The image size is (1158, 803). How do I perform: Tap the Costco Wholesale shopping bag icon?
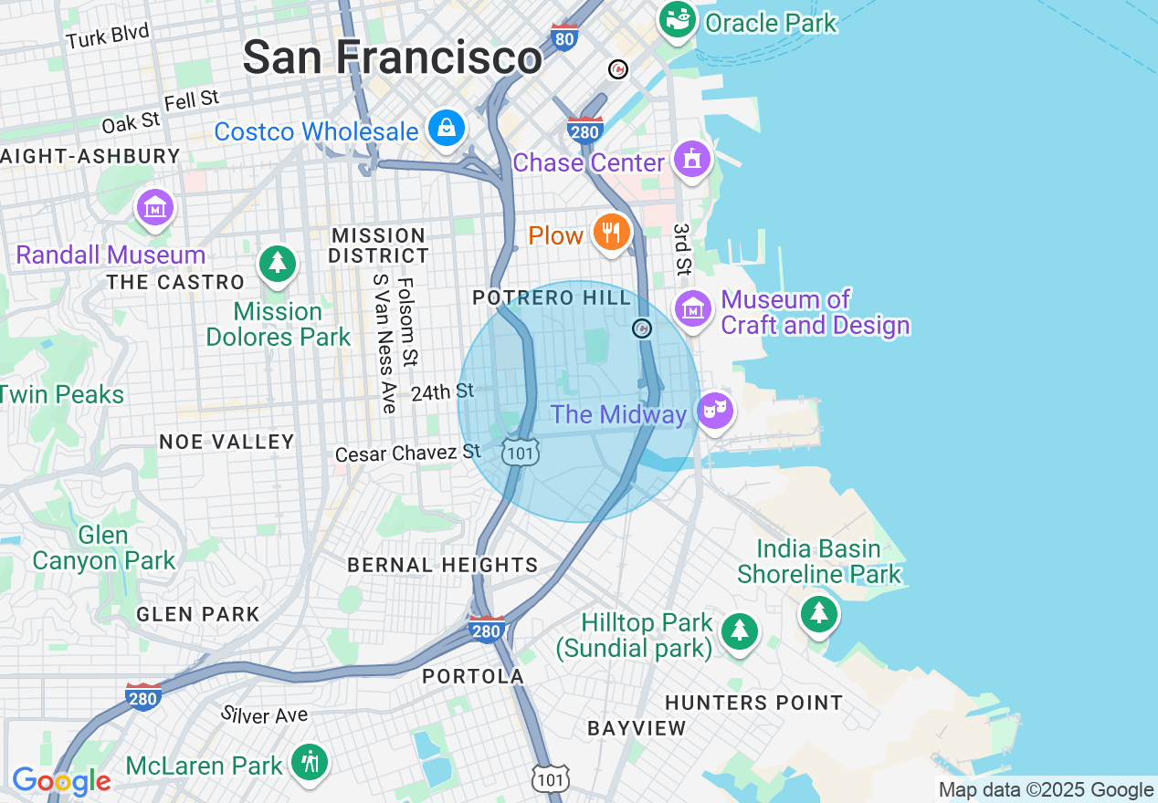pyautogui.click(x=446, y=129)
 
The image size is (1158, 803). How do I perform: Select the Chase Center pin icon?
pyautogui.click(x=691, y=159)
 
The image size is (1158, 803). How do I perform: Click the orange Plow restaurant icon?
pyautogui.click(x=610, y=233)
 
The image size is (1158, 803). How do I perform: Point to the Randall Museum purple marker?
pyautogui.click(x=155, y=206)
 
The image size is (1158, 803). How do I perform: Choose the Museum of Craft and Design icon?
pyautogui.click(x=693, y=308)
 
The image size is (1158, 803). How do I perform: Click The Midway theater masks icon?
pyautogui.click(x=716, y=411)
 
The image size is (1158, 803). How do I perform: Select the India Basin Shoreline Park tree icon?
pyautogui.click(x=818, y=613)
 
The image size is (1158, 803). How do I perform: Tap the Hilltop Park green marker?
pyautogui.click(x=739, y=631)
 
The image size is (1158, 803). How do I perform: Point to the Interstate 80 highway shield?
pyautogui.click(x=565, y=36)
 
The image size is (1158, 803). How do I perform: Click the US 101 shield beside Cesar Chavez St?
pyautogui.click(x=520, y=451)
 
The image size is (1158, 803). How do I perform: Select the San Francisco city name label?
pyautogui.click(x=392, y=57)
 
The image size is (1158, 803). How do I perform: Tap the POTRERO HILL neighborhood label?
pyautogui.click(x=552, y=298)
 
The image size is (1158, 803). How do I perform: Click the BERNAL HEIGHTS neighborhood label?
pyautogui.click(x=443, y=565)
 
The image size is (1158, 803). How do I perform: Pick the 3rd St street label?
pyautogui.click(x=682, y=249)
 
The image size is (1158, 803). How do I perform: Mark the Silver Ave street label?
pyautogui.click(x=265, y=714)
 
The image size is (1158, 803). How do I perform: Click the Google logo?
pyautogui.click(x=61, y=781)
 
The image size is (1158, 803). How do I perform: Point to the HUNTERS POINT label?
pyautogui.click(x=753, y=703)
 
